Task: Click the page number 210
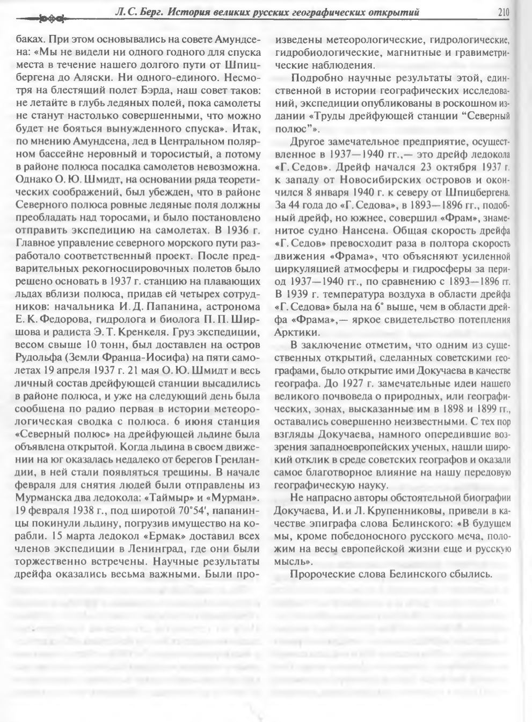pyautogui.click(x=503, y=12)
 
